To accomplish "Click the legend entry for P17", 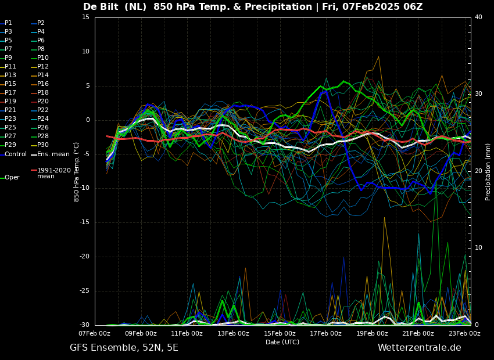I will pos(10,93).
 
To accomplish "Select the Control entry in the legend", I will pos(15,154).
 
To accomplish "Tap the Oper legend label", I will pos(12,178).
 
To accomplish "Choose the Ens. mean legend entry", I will pos(53,154).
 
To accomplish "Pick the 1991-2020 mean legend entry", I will pos(53,173).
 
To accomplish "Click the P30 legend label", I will pos(43,145).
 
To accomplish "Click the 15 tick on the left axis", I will pos(86,17).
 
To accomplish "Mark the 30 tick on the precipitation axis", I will pos(478,94).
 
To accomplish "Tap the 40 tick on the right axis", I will pos(478,17).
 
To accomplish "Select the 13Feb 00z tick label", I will pos(233,333).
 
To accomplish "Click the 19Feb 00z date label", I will pos(372,333).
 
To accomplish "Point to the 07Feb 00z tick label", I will pos(95,333).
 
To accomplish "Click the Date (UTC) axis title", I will pos(282,342).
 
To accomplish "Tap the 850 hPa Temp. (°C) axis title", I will pos(77,171).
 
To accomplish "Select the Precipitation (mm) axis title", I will pos(488,171).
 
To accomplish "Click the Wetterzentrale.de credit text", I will pos(419,348).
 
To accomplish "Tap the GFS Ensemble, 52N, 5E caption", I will pos(124,348).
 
